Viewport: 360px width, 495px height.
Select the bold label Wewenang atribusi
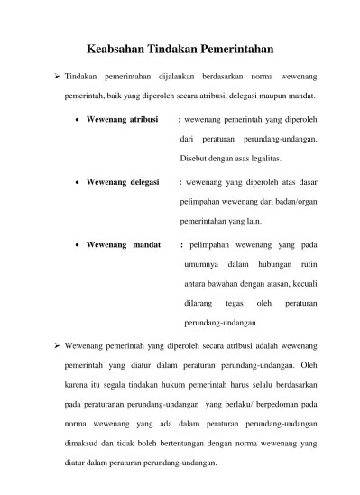[x=123, y=118]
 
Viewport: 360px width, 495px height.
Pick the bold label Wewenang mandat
[x=123, y=243]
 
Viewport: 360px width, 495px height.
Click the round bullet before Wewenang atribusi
[x=79, y=119]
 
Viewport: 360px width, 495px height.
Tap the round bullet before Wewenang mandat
[x=79, y=244]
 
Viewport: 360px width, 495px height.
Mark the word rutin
[x=312, y=264]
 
